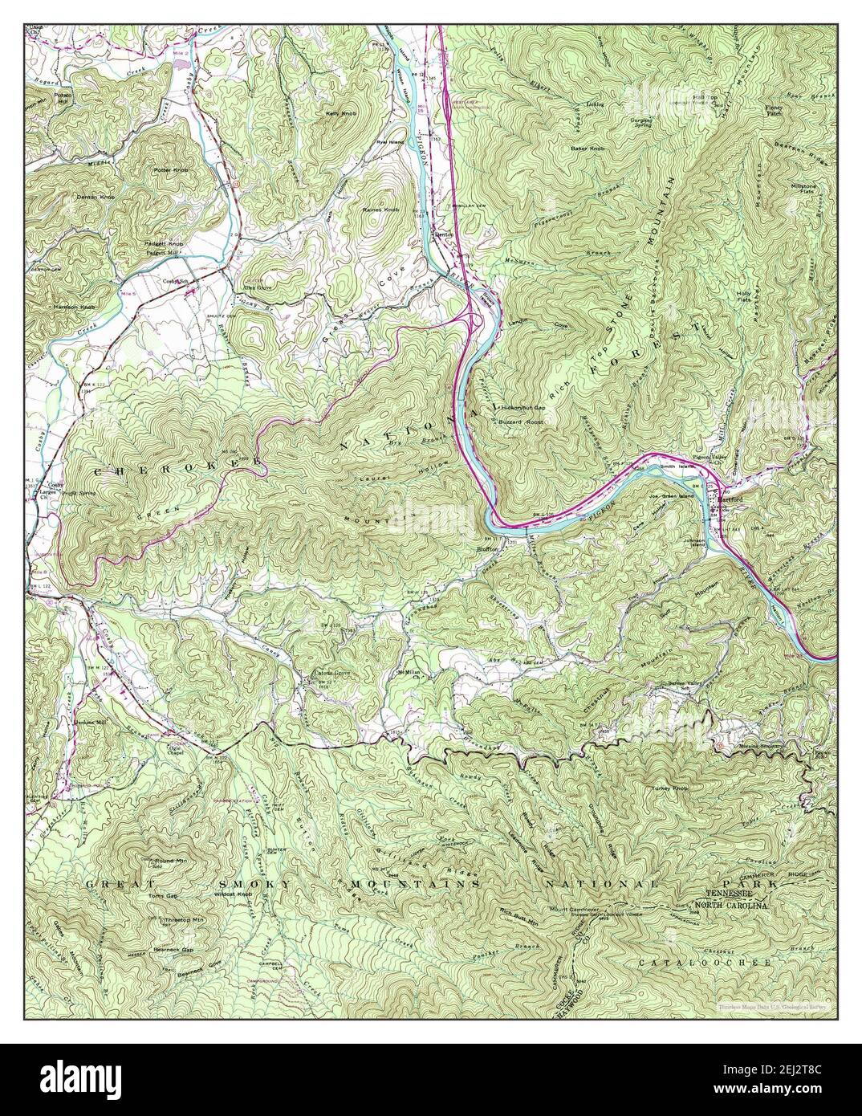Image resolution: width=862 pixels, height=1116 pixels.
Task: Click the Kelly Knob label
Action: [x=340, y=114]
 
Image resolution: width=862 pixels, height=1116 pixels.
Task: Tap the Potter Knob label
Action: [x=171, y=170]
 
